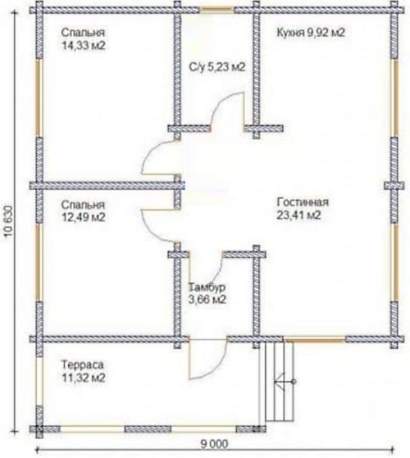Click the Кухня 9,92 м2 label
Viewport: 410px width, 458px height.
(311, 33)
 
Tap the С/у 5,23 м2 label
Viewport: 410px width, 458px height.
(216, 67)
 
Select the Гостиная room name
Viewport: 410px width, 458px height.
(303, 202)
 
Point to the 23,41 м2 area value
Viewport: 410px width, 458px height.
(298, 215)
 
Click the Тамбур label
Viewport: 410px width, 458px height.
(207, 287)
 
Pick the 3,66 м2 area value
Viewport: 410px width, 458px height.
(207, 300)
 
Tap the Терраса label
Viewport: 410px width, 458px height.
(83, 365)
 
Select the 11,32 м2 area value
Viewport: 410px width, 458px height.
(84, 378)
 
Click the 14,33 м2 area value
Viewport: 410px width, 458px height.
(84, 46)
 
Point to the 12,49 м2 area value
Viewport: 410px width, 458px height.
(84, 217)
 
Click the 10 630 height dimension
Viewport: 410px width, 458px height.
(9, 220)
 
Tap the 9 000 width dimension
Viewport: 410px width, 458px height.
(214, 444)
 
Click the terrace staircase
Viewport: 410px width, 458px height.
(280, 381)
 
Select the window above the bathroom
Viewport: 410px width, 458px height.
(216, 11)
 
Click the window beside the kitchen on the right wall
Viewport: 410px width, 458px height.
(394, 97)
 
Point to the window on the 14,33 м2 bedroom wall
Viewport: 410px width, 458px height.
(39, 97)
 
